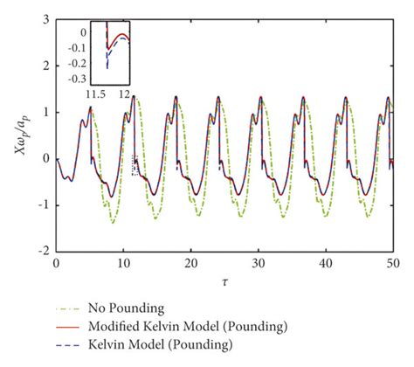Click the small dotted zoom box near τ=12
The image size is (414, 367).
click(135, 165)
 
